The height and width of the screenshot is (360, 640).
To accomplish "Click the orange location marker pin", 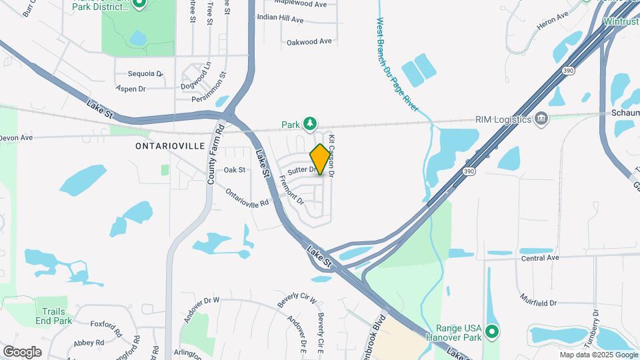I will point(320,159).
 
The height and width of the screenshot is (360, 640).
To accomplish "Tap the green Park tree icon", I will point(310,124).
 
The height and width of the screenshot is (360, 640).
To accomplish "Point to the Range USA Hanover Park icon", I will point(492,331).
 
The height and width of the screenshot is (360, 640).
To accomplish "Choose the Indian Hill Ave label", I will point(280,19).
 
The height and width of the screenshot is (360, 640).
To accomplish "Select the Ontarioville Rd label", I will point(247,197).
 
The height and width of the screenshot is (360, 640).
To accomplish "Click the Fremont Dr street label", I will point(292,189).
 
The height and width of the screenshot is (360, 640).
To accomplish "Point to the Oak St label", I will point(235,170).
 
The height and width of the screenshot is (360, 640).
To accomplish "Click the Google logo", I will point(23,351).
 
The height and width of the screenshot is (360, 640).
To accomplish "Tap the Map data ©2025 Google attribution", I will point(598,355).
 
